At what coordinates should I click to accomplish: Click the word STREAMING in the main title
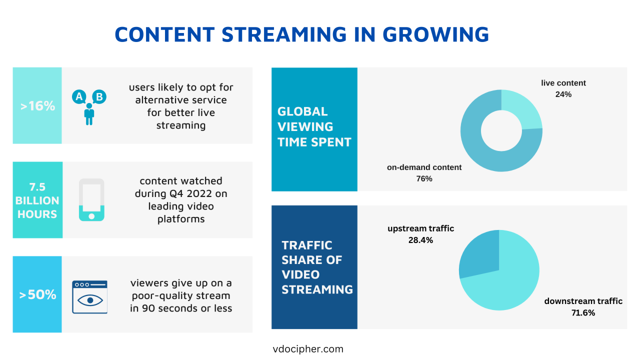point(284,34)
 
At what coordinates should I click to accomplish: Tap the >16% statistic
point(37,106)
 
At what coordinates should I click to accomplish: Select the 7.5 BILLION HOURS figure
point(37,200)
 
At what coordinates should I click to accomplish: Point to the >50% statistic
point(37,294)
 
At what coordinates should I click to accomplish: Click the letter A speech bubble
point(78,96)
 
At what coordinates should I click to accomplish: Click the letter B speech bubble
point(99,96)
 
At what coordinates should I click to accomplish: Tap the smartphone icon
point(91,199)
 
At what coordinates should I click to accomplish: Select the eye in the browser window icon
point(90,300)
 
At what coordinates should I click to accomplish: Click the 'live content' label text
point(563,83)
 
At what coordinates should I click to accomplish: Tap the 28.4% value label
point(420,240)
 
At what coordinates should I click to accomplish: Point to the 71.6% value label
point(583,312)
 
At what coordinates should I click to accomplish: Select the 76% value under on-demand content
point(424,178)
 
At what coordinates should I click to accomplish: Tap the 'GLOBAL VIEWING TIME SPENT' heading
point(314,126)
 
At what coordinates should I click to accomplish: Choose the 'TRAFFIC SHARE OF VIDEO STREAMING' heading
point(317,267)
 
